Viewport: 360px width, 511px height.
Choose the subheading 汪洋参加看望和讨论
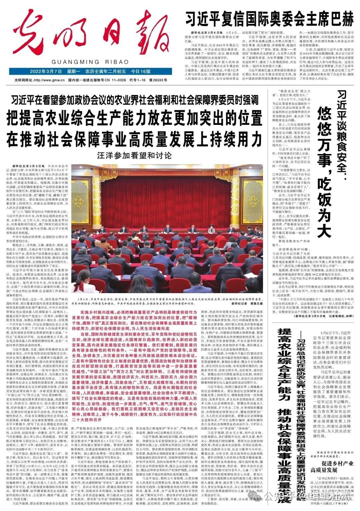pyautogui.click(x=134, y=155)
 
